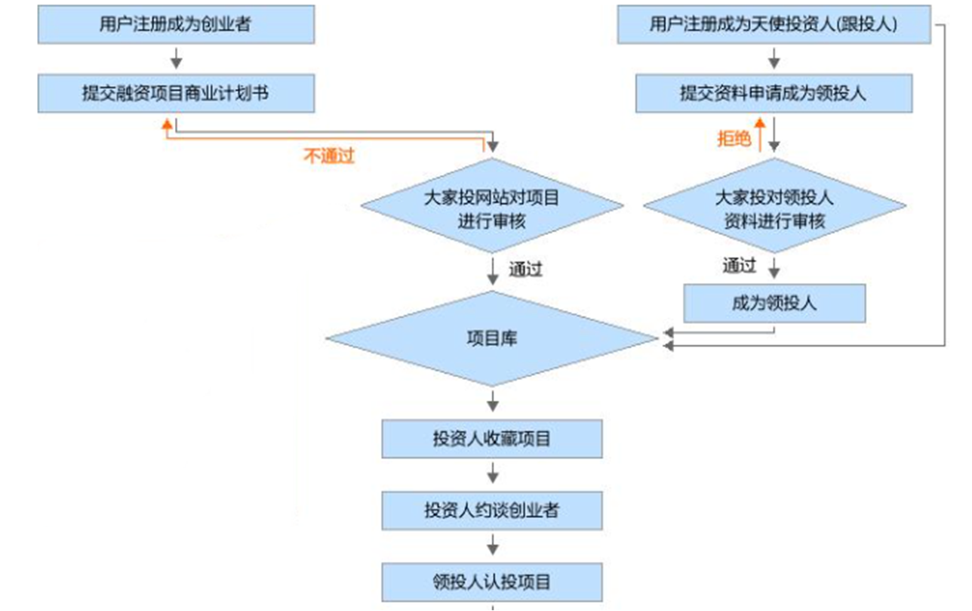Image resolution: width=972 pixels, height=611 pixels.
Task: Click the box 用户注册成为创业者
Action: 176,24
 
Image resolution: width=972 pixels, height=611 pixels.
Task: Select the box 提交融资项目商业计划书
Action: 176,94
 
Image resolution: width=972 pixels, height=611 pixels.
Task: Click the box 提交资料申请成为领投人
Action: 774,94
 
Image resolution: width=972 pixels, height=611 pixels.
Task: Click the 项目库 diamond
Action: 492,339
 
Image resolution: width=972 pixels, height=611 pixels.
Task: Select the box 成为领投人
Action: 774,304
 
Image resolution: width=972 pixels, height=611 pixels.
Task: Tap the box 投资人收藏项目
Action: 492,439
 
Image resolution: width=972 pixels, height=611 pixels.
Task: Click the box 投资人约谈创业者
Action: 492,511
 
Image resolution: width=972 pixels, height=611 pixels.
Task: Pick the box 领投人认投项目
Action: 492,582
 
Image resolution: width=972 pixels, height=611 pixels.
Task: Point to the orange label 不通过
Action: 328,156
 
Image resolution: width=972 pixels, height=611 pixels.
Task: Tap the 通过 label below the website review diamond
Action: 525,269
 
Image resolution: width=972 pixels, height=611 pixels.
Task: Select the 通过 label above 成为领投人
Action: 738,265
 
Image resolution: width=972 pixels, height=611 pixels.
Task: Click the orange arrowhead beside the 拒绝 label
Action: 760,122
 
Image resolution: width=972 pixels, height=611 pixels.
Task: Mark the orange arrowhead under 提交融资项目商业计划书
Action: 167,124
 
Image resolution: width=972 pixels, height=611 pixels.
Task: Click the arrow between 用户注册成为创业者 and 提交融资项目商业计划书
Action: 176,58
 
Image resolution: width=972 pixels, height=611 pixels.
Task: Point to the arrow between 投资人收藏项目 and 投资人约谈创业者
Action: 493,474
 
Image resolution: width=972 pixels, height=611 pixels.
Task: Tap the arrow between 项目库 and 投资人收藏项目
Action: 493,400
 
